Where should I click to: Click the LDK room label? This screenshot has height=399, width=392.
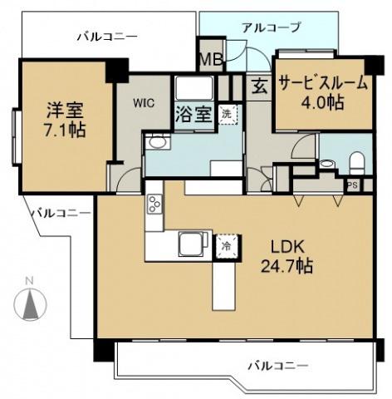291,248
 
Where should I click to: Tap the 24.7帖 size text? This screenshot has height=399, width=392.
291,267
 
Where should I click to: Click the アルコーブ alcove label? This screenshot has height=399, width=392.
271,27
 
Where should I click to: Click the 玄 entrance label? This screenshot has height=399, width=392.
259,86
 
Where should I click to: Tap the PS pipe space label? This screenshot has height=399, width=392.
352,185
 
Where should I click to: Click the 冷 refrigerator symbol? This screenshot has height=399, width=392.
224,245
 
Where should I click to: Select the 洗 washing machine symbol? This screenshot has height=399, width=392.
227,116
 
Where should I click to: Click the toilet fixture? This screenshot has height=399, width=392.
355,160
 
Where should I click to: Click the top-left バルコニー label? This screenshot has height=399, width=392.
107,37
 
